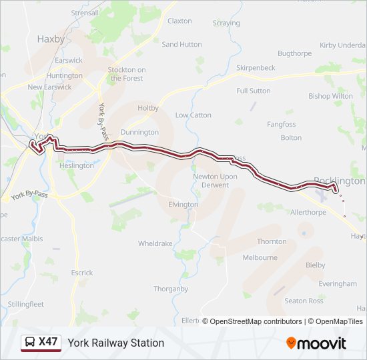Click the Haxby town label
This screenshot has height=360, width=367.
[x=51, y=39]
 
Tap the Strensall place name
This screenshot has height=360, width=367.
[x=85, y=13]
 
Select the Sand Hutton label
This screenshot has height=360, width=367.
[x=181, y=45]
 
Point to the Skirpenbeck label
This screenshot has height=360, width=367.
[x=256, y=68]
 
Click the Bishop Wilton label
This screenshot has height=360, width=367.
[x=330, y=96]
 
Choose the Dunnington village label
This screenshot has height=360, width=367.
[x=139, y=133]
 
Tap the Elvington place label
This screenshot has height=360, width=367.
[x=183, y=205]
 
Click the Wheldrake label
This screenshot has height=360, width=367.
[x=155, y=244]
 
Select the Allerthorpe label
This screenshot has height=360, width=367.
[x=308, y=212]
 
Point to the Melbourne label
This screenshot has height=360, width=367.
[x=260, y=257]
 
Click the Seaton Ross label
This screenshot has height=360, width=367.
[x=304, y=301]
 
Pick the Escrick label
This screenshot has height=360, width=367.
[x=82, y=273]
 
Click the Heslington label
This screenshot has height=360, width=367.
[x=77, y=165]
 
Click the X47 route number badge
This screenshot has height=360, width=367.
[x=48, y=343]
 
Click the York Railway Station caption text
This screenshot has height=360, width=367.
[x=115, y=343]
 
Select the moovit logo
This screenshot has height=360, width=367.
[x=316, y=343]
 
